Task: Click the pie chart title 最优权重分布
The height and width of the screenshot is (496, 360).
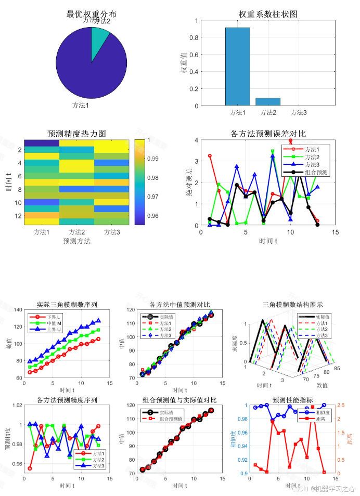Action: pos(91,14)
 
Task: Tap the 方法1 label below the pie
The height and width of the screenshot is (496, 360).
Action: pos(81,106)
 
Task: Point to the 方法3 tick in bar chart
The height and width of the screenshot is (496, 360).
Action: pos(298,112)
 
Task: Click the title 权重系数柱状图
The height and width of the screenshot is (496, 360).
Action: pos(267,14)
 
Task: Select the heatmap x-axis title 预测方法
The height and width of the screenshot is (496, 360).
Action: pos(76,241)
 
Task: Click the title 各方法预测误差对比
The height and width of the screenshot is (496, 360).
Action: pos(267,134)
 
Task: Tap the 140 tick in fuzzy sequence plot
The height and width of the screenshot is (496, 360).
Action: pos(17,310)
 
